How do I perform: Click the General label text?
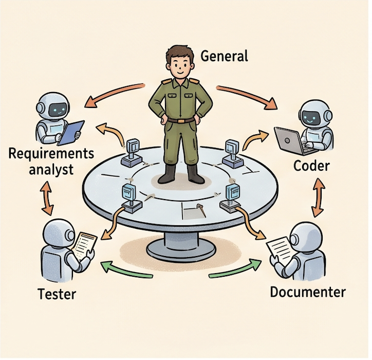tap(224, 56)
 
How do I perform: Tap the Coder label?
tap(311, 166)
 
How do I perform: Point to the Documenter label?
tap(308, 292)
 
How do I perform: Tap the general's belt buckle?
tap(181, 121)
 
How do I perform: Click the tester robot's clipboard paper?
tap(85, 245)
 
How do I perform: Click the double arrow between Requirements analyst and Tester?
tap(47, 198)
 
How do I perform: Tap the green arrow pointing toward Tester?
tap(125, 271)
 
